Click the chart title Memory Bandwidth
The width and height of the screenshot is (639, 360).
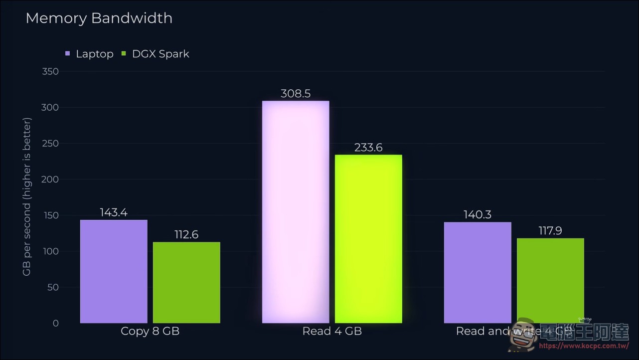[99, 18]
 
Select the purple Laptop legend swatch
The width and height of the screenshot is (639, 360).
[68, 53]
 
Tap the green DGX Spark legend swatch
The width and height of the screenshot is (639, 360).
[124, 53]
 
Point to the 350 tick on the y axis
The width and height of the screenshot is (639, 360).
[50, 71]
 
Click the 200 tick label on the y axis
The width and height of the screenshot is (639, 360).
[50, 179]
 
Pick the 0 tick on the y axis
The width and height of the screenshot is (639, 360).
[56, 323]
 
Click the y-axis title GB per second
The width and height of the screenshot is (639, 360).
[26, 196]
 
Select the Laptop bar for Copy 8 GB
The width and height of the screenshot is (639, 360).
[114, 271]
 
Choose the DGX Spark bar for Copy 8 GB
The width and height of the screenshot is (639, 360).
[186, 282]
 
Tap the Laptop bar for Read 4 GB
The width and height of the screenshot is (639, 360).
[296, 212]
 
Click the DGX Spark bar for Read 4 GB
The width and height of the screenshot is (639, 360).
[368, 239]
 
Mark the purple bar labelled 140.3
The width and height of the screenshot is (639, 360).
[478, 272]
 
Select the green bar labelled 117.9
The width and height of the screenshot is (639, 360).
[551, 281]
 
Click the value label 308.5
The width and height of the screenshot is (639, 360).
[296, 94]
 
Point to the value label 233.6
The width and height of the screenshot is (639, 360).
[368, 148]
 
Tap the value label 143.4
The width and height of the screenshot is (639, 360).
[114, 212]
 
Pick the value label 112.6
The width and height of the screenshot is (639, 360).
[186, 234]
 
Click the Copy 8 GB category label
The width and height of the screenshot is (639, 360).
[150, 331]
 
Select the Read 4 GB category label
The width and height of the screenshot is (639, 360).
[332, 331]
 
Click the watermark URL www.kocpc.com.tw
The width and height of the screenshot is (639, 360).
[584, 346]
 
